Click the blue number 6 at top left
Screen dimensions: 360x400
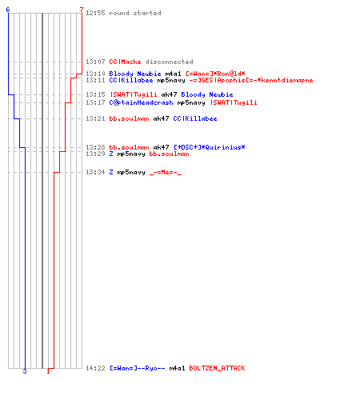coord(8,10)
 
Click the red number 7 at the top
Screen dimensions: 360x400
coord(82,10)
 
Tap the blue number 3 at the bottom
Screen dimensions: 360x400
coord(25,371)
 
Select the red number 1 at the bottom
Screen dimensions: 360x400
coord(48,371)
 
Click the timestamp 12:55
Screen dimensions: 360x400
coord(95,13)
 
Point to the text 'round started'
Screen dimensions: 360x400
coord(135,13)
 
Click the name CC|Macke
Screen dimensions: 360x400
coord(125,62)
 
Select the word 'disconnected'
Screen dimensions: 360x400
coord(169,62)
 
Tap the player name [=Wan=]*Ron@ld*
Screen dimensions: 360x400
coord(215,74)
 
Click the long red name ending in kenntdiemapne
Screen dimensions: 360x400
coord(251,80)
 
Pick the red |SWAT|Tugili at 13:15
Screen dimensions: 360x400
coord(134,94)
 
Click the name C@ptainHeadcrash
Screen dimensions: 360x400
coord(141,102)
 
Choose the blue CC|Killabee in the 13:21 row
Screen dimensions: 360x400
coord(195,118)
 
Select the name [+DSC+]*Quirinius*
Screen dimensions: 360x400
coord(210,147)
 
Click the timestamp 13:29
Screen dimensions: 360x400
coord(95,154)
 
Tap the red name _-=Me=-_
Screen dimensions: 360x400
coord(166,173)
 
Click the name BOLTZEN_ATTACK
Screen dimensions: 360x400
coord(217,368)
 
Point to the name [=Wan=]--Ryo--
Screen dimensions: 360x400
coord(138,368)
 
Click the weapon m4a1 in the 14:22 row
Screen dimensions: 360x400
coord(177,368)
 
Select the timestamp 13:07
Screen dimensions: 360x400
coord(95,62)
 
